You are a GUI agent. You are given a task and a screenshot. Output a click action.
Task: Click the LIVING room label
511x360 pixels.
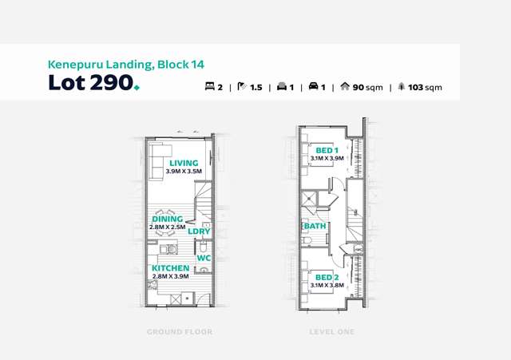[x=184, y=163]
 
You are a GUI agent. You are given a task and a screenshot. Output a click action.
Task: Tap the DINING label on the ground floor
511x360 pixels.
[x=168, y=219]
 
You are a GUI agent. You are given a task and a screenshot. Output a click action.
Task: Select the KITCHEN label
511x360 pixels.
[x=170, y=268]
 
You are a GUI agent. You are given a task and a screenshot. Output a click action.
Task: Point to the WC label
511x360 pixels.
[x=204, y=258]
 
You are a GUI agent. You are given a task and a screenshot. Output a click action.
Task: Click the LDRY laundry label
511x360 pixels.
[x=199, y=231]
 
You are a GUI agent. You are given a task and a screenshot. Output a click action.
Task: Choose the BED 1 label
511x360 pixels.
[x=327, y=151]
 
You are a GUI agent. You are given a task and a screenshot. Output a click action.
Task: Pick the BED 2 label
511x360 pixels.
[x=327, y=278]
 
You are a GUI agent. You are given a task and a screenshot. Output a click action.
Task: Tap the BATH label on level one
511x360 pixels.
[x=315, y=226]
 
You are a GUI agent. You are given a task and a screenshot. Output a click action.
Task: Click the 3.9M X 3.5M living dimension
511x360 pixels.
[x=184, y=172]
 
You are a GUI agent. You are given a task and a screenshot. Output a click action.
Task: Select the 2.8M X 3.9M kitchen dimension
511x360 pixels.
[x=170, y=276]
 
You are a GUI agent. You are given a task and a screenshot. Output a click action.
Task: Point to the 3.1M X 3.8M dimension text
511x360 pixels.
[x=327, y=286]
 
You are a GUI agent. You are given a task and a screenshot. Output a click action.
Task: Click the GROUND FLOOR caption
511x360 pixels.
[x=180, y=332]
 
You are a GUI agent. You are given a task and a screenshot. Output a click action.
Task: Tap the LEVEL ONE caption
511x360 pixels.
[x=332, y=332]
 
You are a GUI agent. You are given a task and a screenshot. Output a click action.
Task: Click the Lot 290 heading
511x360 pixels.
[x=94, y=82]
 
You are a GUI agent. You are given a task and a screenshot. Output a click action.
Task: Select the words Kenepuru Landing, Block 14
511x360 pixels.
[x=126, y=65]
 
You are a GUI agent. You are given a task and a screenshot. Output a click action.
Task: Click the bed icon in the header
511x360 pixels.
[x=209, y=86]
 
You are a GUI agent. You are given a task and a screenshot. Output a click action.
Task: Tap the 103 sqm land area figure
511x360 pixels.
[x=425, y=87]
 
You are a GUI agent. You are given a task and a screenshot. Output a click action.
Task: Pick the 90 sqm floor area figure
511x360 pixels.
[x=367, y=87]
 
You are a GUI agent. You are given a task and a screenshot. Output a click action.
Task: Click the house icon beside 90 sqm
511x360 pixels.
[x=345, y=86]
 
